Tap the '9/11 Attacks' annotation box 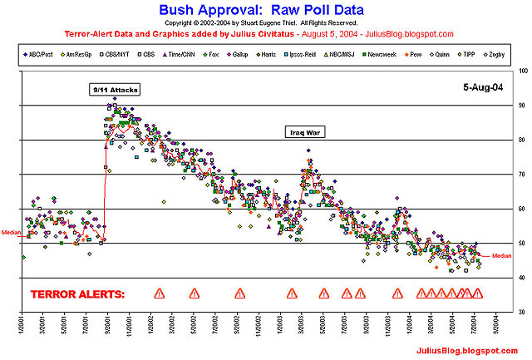[x=114, y=88]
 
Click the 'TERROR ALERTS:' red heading [x=78, y=293]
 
